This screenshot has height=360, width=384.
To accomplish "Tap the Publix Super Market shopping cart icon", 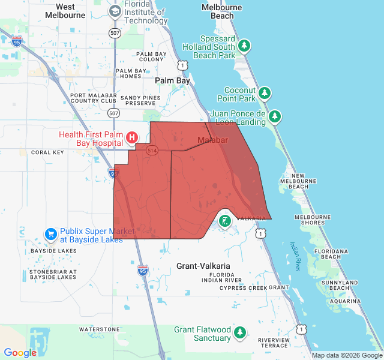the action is [50, 233].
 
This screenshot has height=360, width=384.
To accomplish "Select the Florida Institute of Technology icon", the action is [115, 11].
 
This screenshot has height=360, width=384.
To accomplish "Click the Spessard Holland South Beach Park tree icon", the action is [244, 46].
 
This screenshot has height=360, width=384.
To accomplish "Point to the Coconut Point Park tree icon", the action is [265, 93].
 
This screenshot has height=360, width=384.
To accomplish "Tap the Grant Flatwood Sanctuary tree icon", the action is [240, 332].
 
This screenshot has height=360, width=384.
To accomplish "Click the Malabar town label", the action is [213, 140].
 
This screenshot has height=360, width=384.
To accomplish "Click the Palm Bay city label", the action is [172, 80].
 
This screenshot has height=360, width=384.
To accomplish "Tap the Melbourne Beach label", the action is [222, 11].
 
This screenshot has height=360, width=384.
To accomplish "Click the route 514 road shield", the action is [151, 151].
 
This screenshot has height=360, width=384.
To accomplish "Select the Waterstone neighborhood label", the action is [100, 329].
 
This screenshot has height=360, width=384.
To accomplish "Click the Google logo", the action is [20, 353].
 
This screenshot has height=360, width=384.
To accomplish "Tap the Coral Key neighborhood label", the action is [47, 152].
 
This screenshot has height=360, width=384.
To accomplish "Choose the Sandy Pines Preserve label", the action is [141, 100].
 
